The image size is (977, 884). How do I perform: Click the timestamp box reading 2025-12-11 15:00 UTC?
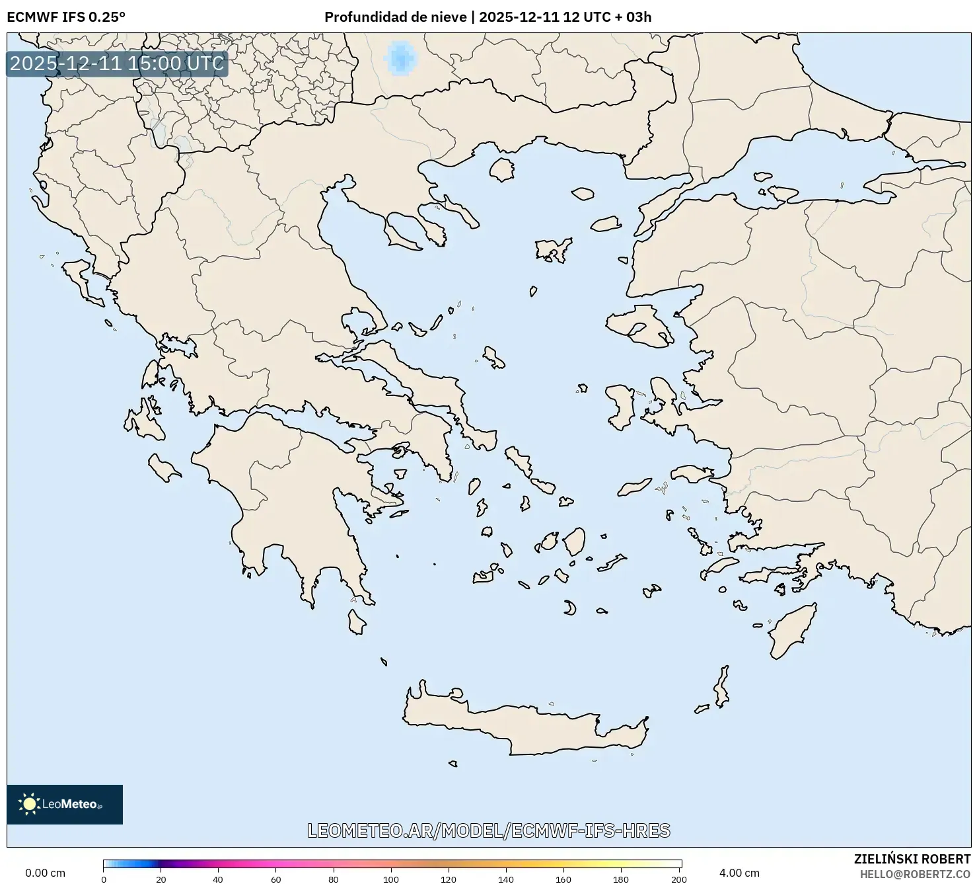pos(117,64)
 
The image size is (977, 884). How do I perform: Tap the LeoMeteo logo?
pos(64,804)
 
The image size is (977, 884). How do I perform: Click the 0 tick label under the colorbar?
pos(104,879)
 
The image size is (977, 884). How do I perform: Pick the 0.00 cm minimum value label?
pos(45,873)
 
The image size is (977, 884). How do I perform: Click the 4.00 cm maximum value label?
pos(739,873)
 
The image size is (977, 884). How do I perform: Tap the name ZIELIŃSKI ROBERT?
pos(912,859)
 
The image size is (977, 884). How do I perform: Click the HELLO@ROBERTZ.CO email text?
pos(916,874)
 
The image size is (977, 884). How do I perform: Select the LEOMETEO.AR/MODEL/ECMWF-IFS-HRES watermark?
pos(489,830)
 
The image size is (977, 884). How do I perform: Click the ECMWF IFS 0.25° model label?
pos(65,17)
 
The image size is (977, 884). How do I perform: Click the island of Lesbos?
pos(637,329)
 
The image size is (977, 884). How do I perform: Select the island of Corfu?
pos(79,276)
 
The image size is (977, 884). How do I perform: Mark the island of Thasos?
pos(502,169)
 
